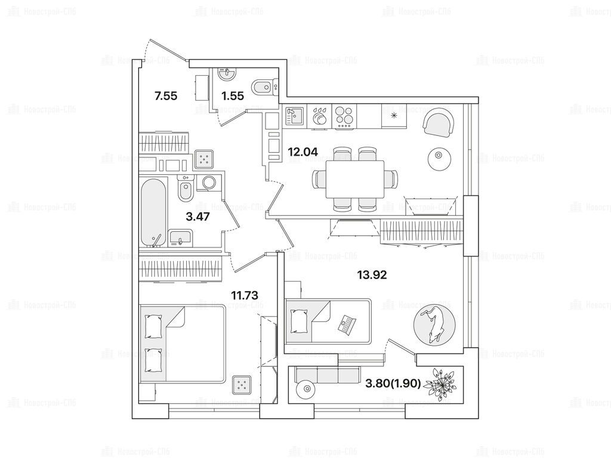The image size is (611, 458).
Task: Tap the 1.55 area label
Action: point(233,95)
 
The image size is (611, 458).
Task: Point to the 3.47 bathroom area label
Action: point(198,216)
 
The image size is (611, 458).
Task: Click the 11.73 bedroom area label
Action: point(245,294)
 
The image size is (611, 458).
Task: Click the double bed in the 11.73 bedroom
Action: point(182,345)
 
